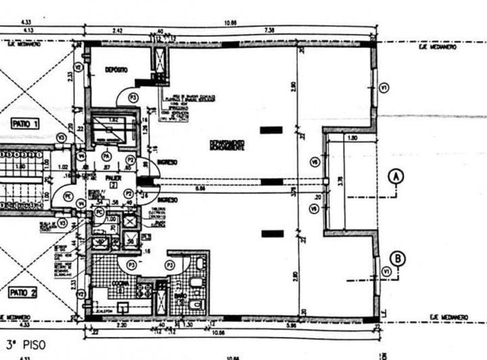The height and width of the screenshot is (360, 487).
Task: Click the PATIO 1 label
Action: (25, 123)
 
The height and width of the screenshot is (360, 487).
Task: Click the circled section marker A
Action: (397, 177)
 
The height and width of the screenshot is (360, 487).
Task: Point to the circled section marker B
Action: (398, 258)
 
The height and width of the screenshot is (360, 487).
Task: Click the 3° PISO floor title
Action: (26, 344)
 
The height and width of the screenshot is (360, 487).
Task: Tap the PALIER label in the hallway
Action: (112, 178)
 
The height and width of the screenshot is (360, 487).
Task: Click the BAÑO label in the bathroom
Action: (179, 296)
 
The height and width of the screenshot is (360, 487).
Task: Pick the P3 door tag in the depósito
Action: (133, 98)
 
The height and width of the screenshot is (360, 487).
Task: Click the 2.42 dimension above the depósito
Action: (118, 30)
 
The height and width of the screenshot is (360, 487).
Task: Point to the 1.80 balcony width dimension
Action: (351, 137)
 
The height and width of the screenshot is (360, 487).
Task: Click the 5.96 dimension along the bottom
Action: (291, 325)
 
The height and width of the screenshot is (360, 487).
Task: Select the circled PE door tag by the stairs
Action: (68, 196)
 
